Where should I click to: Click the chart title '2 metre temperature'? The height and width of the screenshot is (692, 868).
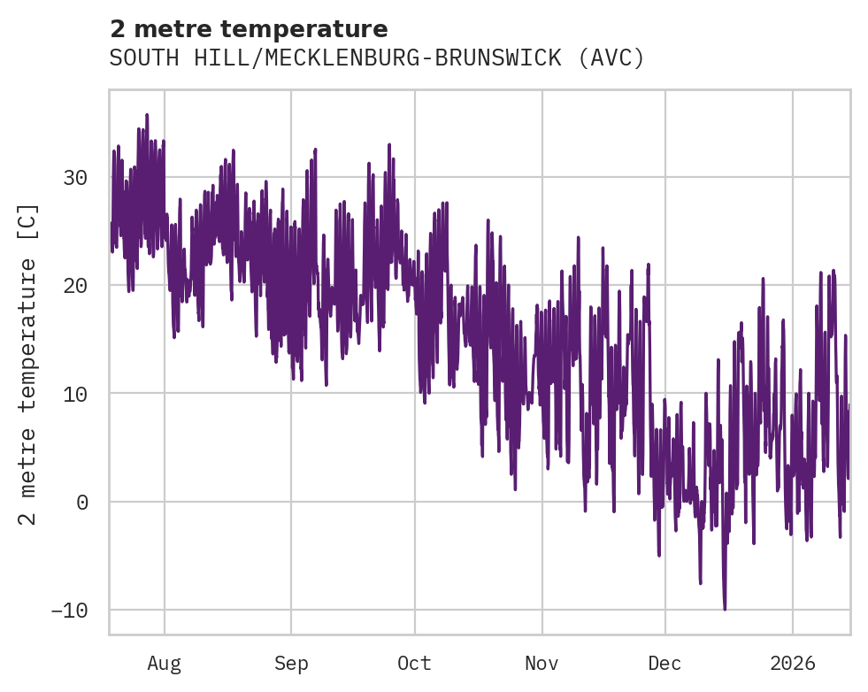click(x=249, y=29)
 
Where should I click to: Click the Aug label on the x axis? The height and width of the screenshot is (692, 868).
click(x=164, y=664)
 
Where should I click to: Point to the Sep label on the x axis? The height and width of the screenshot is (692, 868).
click(x=291, y=664)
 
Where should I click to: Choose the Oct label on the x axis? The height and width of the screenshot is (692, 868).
click(x=414, y=664)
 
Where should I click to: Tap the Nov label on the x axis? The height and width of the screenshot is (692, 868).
click(x=542, y=664)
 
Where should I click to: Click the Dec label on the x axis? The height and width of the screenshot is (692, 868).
click(x=664, y=664)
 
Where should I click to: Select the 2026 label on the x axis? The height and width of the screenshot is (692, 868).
click(x=793, y=664)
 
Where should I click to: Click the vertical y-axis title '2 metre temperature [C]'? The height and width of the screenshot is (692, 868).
click(x=29, y=363)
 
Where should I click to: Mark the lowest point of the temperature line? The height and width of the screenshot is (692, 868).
click(x=725, y=609)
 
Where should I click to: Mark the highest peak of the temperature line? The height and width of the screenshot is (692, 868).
click(x=147, y=115)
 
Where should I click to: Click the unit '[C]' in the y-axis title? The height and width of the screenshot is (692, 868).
click(x=29, y=218)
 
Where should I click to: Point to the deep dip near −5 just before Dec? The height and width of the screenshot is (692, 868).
click(x=659, y=555)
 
